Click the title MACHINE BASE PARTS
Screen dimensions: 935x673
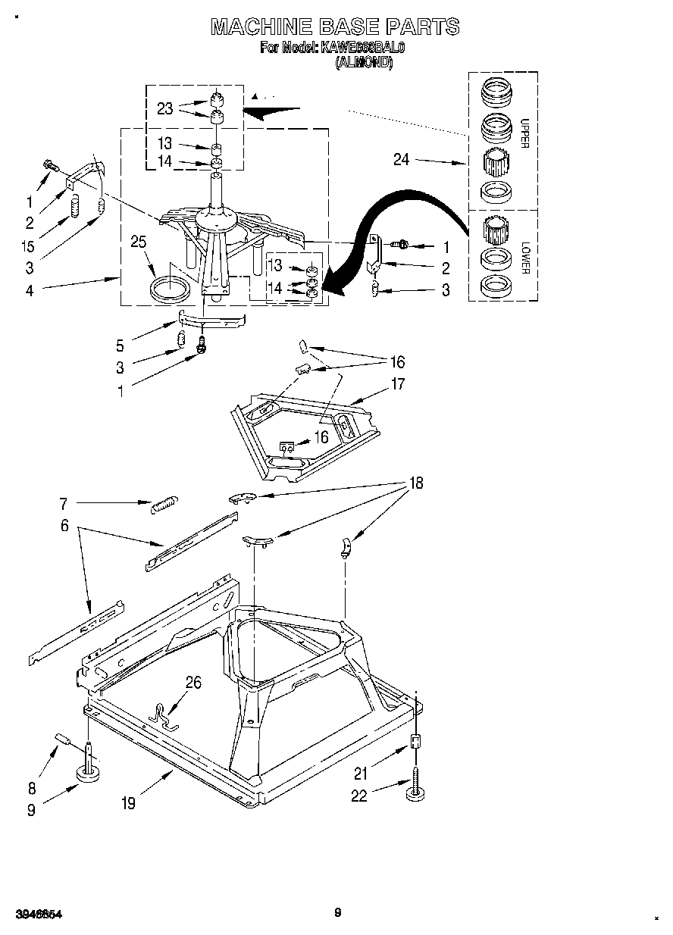pos(334,27)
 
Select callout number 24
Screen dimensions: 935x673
pos(402,160)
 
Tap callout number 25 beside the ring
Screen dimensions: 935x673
pos(138,242)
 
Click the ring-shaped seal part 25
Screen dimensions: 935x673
pos(170,289)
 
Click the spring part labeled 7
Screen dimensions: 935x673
pos(164,504)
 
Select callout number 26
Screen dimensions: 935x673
pos(194,683)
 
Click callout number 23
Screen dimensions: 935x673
pos(164,108)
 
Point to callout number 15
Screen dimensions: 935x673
pos(29,246)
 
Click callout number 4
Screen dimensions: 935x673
pos(29,289)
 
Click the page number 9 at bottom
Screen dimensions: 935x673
pos(337,913)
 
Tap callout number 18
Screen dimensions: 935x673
pos(415,483)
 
